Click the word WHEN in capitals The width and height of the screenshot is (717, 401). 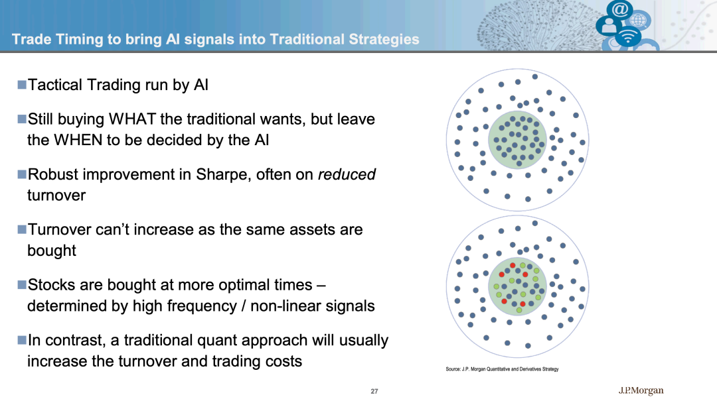[x=78, y=141]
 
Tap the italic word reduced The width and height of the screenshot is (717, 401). [x=347, y=174]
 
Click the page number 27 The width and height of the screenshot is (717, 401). [x=374, y=392]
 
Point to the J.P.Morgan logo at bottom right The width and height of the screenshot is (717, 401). [x=641, y=390]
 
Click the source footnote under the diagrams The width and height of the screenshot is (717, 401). [x=502, y=369]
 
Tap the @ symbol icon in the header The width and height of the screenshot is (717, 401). [x=619, y=9]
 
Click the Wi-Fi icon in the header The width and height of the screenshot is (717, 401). [x=628, y=36]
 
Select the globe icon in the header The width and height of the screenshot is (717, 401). [x=639, y=21]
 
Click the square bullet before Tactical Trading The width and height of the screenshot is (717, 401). [x=22, y=84]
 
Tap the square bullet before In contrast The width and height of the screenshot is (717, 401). [x=22, y=340]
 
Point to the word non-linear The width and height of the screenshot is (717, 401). [x=287, y=306]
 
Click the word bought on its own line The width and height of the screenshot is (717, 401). [x=52, y=251]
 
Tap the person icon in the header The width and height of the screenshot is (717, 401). [x=609, y=26]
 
